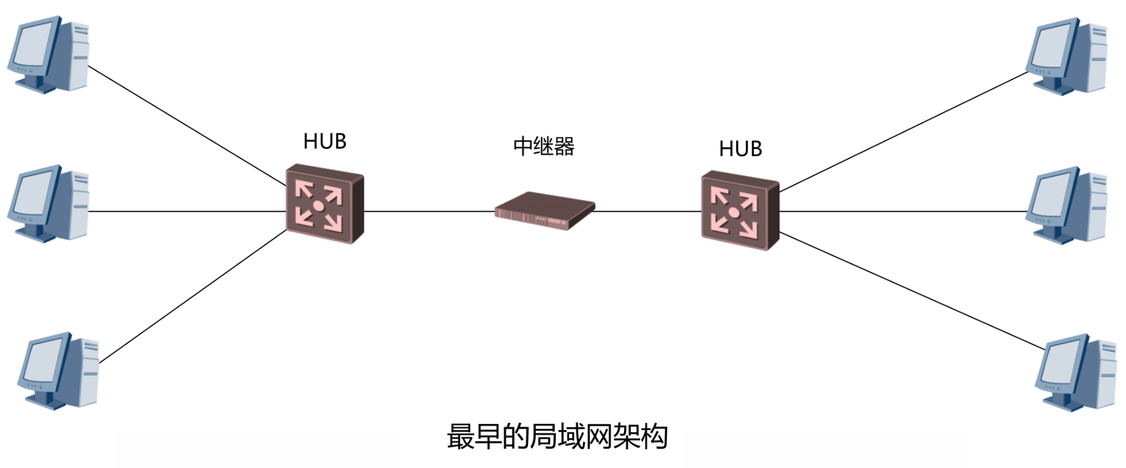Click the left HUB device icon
pyautogui.click(x=325, y=203)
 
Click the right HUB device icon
pyautogui.click(x=740, y=211)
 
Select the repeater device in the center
pyautogui.click(x=545, y=211)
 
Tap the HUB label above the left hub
pyautogui.click(x=325, y=141)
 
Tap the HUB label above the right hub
pyautogui.click(x=740, y=148)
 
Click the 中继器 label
pyautogui.click(x=543, y=147)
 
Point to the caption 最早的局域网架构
pyautogui.click(x=557, y=437)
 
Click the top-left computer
pyautogui.click(x=49, y=55)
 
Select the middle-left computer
pyautogui.click(x=49, y=203)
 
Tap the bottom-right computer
pyautogui.click(x=1076, y=373)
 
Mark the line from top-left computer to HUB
pyautogui.click(x=187, y=125)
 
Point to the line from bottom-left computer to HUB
pyautogui.click(x=193, y=297)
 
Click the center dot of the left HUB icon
pyautogui.click(x=319, y=206)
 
